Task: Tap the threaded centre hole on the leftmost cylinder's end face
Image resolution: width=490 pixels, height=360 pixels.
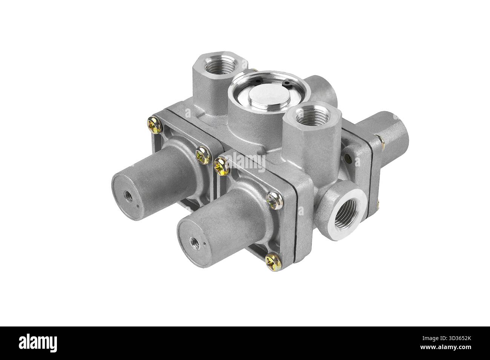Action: coord(127,194)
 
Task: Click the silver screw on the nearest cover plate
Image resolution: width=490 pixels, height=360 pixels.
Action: coord(274,200)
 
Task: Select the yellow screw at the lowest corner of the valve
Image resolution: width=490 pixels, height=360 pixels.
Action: coord(273,262)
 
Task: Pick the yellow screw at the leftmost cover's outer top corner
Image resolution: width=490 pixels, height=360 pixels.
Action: coord(155,125)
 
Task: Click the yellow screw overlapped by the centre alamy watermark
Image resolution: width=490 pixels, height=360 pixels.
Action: coord(221,167)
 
